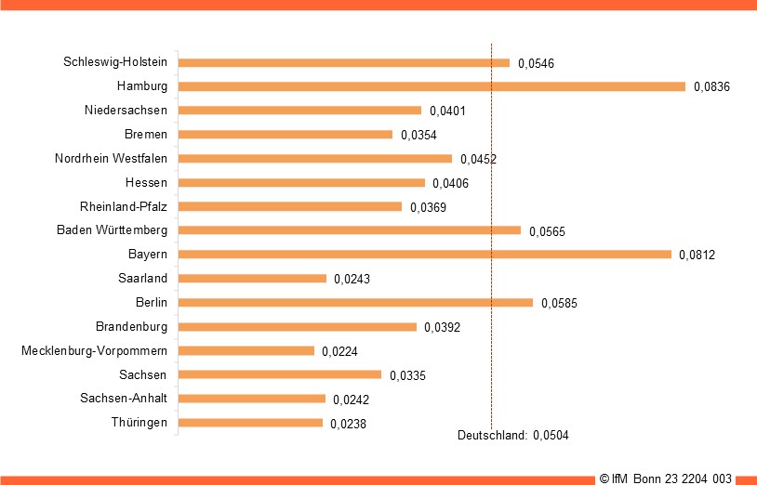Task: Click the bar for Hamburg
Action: coord(432,86)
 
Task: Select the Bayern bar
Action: coord(424,254)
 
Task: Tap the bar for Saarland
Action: coord(252,278)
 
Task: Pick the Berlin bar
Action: coord(355,302)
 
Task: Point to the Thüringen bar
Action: coord(250,423)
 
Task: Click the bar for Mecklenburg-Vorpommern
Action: coord(246,350)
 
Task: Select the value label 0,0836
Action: coord(711,87)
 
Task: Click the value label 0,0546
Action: coord(536,63)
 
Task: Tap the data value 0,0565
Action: coord(547,231)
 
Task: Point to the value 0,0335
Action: coord(407,375)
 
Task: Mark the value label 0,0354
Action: coord(418,136)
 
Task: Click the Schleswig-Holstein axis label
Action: coord(115,62)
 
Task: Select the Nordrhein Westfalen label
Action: coord(112,158)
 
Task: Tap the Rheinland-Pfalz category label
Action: coord(124,206)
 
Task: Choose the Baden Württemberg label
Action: coord(112,230)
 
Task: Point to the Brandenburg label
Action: coord(131,326)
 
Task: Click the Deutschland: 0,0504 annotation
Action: coord(512,435)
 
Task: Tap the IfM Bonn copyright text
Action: coord(666,478)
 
